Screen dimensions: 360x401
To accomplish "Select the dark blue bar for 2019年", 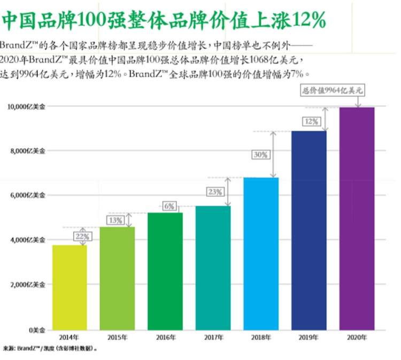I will (309, 230).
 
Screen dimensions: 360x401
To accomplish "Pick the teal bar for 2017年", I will (213, 267).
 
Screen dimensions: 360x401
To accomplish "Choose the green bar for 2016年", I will (165, 271).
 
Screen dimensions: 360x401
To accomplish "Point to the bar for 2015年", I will (117, 278).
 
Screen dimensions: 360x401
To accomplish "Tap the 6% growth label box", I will (169, 206).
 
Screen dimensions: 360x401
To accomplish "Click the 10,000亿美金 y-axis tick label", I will (26, 106).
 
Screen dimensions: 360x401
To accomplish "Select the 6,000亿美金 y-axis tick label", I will (26, 196).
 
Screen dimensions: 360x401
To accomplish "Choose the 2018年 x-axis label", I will (261, 338).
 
